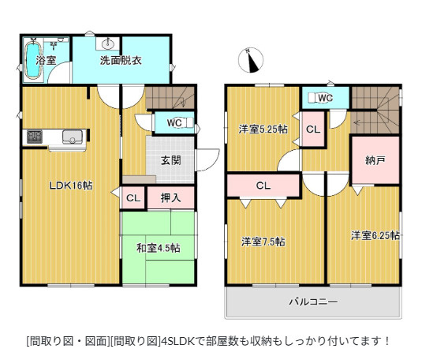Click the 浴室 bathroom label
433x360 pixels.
point(47,61)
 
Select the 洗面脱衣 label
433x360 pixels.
point(120,61)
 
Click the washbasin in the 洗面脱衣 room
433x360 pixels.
point(109,43)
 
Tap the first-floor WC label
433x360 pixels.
point(175,122)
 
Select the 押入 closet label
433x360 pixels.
point(170,198)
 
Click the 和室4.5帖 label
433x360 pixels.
point(159,248)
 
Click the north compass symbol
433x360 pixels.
point(252,61)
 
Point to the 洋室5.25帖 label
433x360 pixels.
point(263,129)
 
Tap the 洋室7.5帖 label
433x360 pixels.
point(263,241)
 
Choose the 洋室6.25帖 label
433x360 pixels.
point(375,235)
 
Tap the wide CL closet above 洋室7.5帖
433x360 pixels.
point(263,186)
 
